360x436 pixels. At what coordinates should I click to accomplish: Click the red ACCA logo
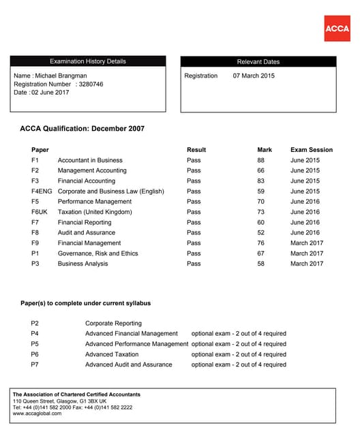click(337, 28)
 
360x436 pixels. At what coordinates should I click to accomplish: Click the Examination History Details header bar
click(87, 61)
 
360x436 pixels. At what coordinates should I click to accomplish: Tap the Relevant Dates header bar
click(258, 61)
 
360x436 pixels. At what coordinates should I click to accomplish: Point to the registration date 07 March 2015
click(254, 76)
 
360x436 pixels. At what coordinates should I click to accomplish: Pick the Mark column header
click(265, 150)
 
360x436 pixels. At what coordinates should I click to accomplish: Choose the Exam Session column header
click(312, 150)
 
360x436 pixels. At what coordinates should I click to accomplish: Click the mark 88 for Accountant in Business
click(260, 160)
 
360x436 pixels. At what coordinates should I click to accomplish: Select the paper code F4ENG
click(42, 191)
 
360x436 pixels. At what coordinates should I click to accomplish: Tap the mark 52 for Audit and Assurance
click(260, 232)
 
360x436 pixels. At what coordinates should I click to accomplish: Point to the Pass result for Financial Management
click(194, 243)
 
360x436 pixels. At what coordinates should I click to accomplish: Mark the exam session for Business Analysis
click(307, 264)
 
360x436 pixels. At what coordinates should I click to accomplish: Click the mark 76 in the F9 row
click(260, 243)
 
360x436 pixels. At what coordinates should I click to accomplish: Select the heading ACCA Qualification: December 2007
click(82, 128)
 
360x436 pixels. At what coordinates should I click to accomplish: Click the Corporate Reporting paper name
click(113, 324)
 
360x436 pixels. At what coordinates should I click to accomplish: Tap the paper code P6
click(35, 354)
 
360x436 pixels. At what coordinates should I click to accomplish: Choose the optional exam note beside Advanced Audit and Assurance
click(239, 364)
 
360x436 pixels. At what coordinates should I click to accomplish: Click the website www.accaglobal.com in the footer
click(37, 414)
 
